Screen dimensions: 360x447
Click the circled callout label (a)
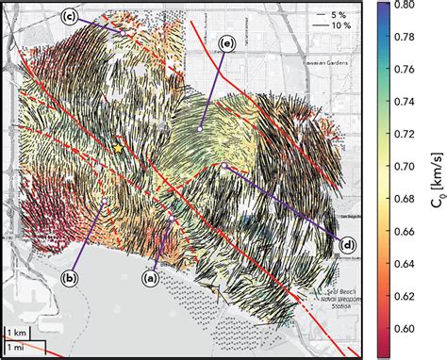pos(148,278)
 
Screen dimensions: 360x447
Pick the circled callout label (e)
pos(226,42)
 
